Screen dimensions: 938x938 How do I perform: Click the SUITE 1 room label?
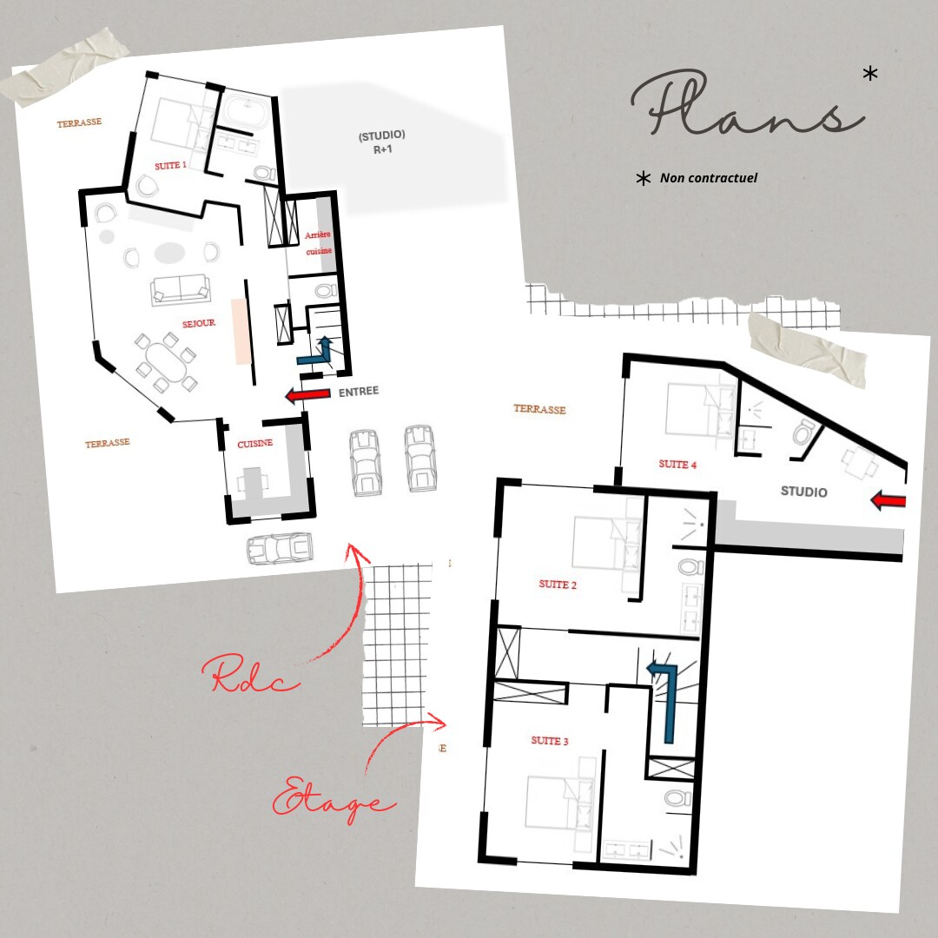click(170, 165)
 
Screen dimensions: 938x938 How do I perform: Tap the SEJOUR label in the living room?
click(199, 323)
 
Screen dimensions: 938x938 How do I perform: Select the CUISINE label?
click(254, 443)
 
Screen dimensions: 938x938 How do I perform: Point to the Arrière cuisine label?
click(318, 243)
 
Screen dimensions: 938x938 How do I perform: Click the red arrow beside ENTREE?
click(308, 394)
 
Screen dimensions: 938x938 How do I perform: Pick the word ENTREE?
click(359, 392)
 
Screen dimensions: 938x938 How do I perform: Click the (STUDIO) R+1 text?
click(381, 142)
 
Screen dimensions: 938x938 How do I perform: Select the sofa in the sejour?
click(180, 290)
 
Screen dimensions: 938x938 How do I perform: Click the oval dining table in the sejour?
click(166, 362)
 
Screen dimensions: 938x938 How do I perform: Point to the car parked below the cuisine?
click(280, 549)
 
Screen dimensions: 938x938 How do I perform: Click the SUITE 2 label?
click(558, 585)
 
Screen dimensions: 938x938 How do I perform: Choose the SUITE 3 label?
click(549, 741)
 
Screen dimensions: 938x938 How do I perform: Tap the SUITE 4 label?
click(677, 464)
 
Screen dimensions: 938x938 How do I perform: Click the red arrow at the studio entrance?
click(888, 500)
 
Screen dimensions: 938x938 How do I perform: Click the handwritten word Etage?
click(333, 799)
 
